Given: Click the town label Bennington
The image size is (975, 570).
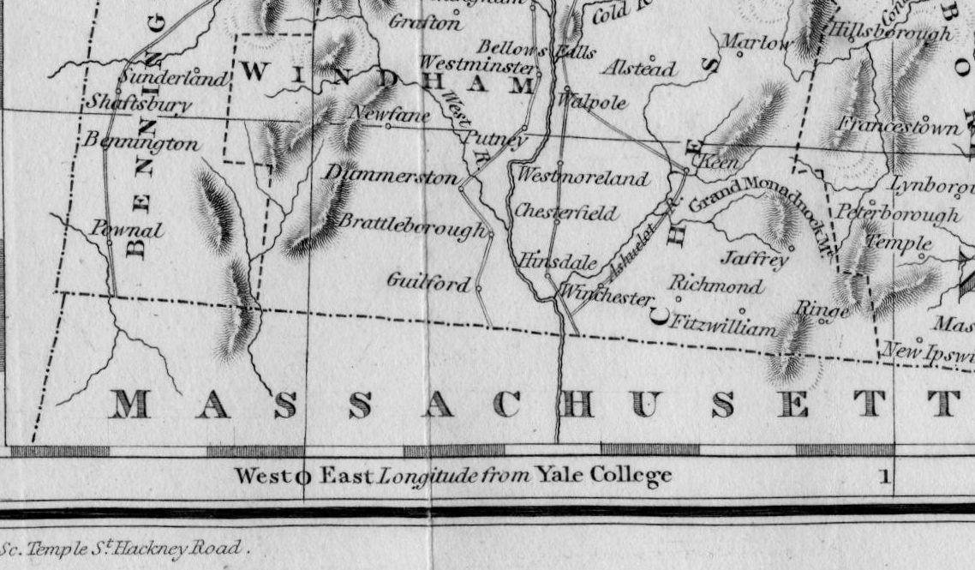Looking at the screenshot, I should tap(142, 142).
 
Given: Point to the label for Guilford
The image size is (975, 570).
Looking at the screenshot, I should tap(428, 281).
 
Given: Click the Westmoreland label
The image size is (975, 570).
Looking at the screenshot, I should tap(583, 178).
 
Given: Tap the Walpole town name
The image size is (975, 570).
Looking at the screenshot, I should tap(592, 102).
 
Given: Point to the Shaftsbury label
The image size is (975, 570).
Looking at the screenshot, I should tap(139, 104).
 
